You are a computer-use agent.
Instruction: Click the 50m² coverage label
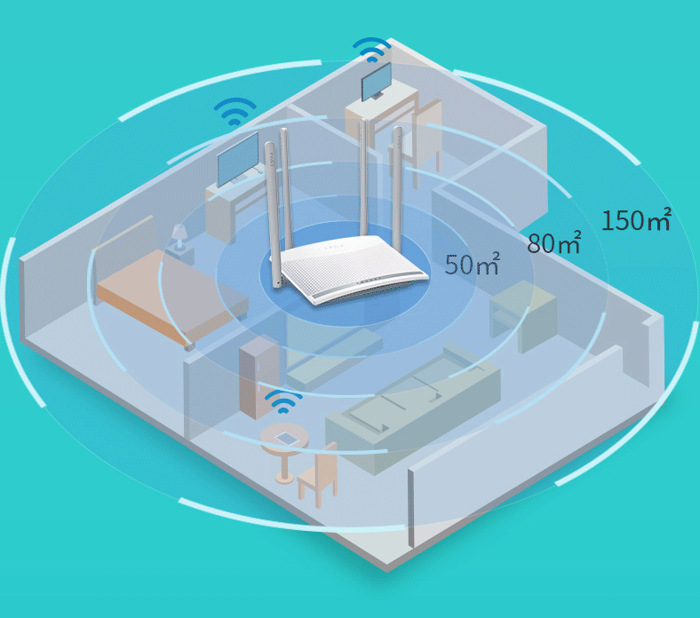(x=472, y=264)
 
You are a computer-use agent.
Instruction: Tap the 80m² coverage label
(x=553, y=242)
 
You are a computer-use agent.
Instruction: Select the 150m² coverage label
(x=636, y=219)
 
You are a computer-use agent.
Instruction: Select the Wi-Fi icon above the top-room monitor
(x=371, y=48)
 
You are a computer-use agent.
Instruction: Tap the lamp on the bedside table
(x=179, y=235)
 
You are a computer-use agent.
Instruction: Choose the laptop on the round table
(x=285, y=438)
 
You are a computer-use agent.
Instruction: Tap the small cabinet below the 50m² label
(x=525, y=315)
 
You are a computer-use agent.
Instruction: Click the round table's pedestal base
(x=285, y=476)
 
